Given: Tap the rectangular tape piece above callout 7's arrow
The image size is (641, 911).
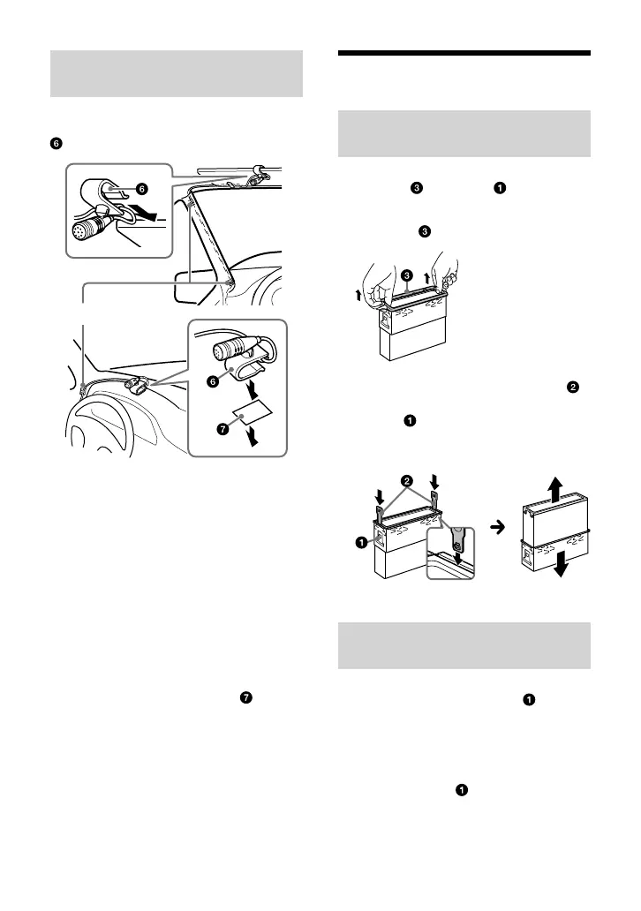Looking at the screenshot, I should pos(250,415).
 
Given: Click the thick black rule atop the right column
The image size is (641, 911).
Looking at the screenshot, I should pos(464,54).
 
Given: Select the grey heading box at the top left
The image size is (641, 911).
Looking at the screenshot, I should pos(176,74).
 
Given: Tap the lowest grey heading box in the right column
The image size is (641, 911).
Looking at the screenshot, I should pos(464,646).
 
